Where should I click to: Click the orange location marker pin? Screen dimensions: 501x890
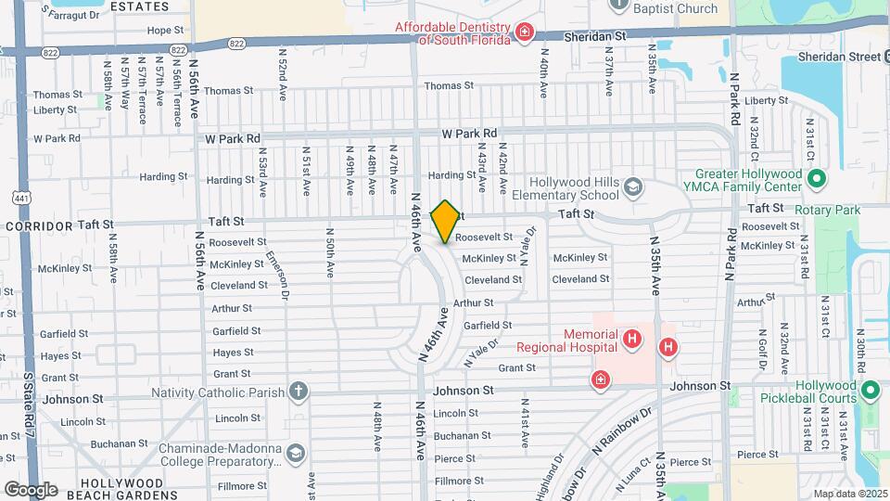pos(446,221)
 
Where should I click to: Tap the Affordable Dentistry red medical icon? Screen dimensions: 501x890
pos(525,34)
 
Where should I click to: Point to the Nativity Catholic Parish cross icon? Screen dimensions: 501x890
pos(299,392)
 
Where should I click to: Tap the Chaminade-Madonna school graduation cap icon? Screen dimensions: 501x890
pos(295,454)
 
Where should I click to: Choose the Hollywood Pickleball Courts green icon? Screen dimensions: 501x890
pos(871,392)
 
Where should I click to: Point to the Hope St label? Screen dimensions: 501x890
pos(166,30)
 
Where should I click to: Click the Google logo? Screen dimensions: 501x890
pos(31,489)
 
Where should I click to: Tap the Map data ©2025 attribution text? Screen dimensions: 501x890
pos(851,493)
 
